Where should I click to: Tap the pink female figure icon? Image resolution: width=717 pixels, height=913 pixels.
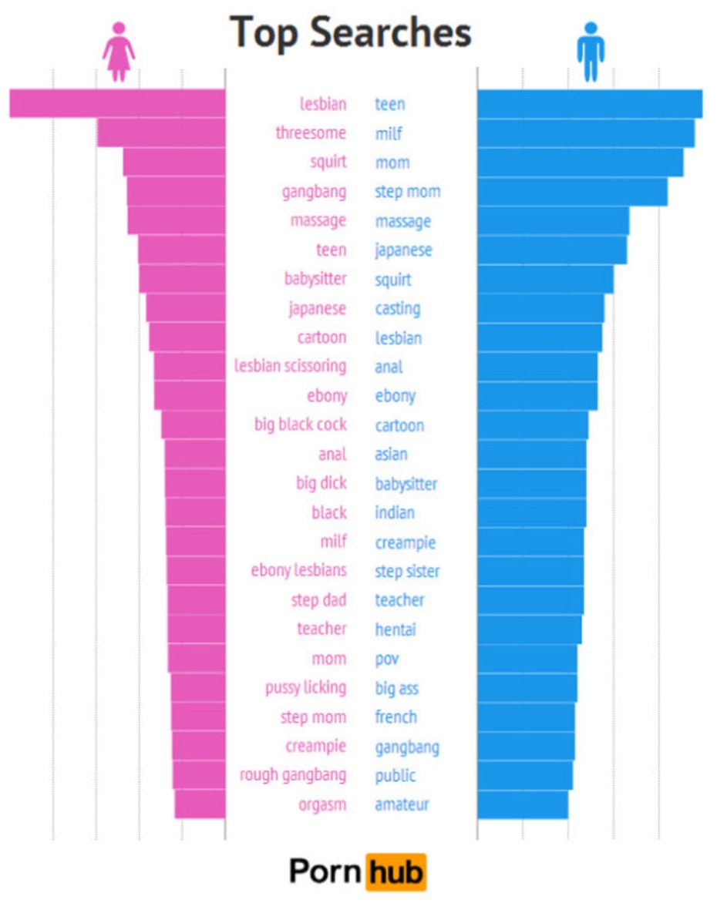(118, 52)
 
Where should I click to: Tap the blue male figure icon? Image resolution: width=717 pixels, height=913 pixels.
(591, 52)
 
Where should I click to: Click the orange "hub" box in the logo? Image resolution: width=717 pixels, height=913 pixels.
(396, 872)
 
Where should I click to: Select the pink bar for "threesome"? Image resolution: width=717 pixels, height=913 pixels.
(161, 133)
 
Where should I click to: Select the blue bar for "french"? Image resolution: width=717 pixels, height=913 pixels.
(526, 717)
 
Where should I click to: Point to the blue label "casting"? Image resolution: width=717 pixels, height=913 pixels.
(398, 308)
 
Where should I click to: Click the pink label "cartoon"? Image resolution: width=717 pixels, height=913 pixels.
(321, 337)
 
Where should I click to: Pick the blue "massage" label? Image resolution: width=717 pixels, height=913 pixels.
(402, 221)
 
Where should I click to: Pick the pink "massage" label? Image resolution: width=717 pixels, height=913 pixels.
(318, 220)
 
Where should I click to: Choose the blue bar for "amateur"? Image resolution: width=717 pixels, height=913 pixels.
(523, 804)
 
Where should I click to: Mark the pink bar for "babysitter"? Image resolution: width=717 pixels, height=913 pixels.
(182, 279)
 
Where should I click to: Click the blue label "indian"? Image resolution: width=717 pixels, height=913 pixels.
(395, 512)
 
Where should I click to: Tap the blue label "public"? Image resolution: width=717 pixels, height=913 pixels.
(395, 775)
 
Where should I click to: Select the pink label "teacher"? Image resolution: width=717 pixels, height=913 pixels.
(321, 629)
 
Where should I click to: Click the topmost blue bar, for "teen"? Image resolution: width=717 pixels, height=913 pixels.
(590, 104)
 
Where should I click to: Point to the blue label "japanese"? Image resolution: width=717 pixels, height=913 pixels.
(403, 250)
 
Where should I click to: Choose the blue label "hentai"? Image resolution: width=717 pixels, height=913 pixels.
(395, 629)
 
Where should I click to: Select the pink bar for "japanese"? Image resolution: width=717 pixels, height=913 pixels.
(186, 308)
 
